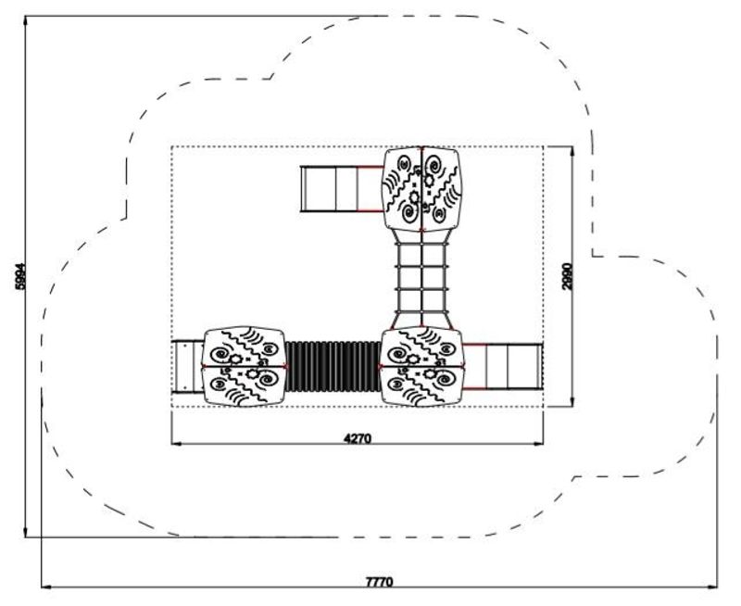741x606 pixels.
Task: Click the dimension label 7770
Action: (379, 581)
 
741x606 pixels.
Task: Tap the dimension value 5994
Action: (20, 276)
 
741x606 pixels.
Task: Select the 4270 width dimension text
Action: (358, 438)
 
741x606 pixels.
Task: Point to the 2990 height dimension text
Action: (568, 276)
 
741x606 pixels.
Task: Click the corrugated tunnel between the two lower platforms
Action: (333, 366)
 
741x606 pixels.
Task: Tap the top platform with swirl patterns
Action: (421, 189)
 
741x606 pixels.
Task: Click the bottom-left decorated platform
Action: (244, 366)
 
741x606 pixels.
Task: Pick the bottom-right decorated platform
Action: (421, 366)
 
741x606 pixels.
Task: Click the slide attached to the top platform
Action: (342, 189)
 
